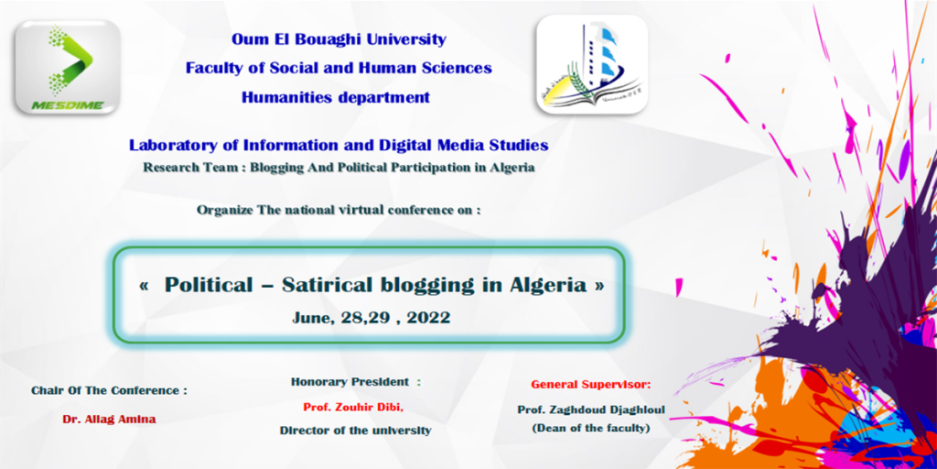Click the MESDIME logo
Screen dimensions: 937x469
click(x=68, y=67)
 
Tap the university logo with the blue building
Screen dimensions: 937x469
click(x=592, y=64)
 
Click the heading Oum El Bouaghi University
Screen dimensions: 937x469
click(x=339, y=40)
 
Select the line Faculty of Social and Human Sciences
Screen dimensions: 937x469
click(x=339, y=68)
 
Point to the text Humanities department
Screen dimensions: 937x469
click(x=336, y=97)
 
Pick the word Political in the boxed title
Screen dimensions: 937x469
click(x=209, y=286)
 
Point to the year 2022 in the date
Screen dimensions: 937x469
click(x=428, y=318)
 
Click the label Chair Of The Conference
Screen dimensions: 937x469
click(x=110, y=390)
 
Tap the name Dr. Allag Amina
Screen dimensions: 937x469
click(x=110, y=420)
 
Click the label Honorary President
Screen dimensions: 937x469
click(x=350, y=382)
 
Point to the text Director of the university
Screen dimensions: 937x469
click(x=356, y=431)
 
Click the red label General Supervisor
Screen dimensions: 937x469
click(x=591, y=384)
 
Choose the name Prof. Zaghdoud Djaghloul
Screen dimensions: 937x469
click(x=591, y=410)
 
